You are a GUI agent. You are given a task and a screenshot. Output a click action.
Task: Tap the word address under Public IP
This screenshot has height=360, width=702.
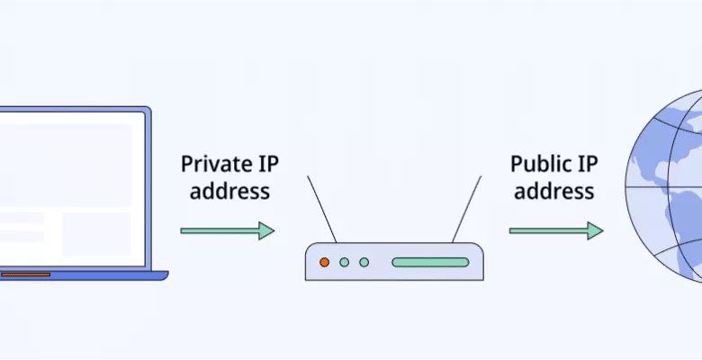coord(553,191)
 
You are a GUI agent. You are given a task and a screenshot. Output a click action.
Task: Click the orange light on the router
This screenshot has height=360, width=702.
coord(325,262)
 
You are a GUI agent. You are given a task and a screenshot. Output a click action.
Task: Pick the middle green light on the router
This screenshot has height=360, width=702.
coord(344,262)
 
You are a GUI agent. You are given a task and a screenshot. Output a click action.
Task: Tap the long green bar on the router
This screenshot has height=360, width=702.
coord(430,262)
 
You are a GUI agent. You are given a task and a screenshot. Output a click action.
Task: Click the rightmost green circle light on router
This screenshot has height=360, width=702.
coord(364,262)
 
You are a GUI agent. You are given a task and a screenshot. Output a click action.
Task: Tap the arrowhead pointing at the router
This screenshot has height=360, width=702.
coord(267,230)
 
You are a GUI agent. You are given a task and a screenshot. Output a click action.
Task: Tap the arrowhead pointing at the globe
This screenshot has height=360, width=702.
coord(596,230)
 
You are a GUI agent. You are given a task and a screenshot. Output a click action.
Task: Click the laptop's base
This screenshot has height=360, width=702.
coord(81,275)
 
